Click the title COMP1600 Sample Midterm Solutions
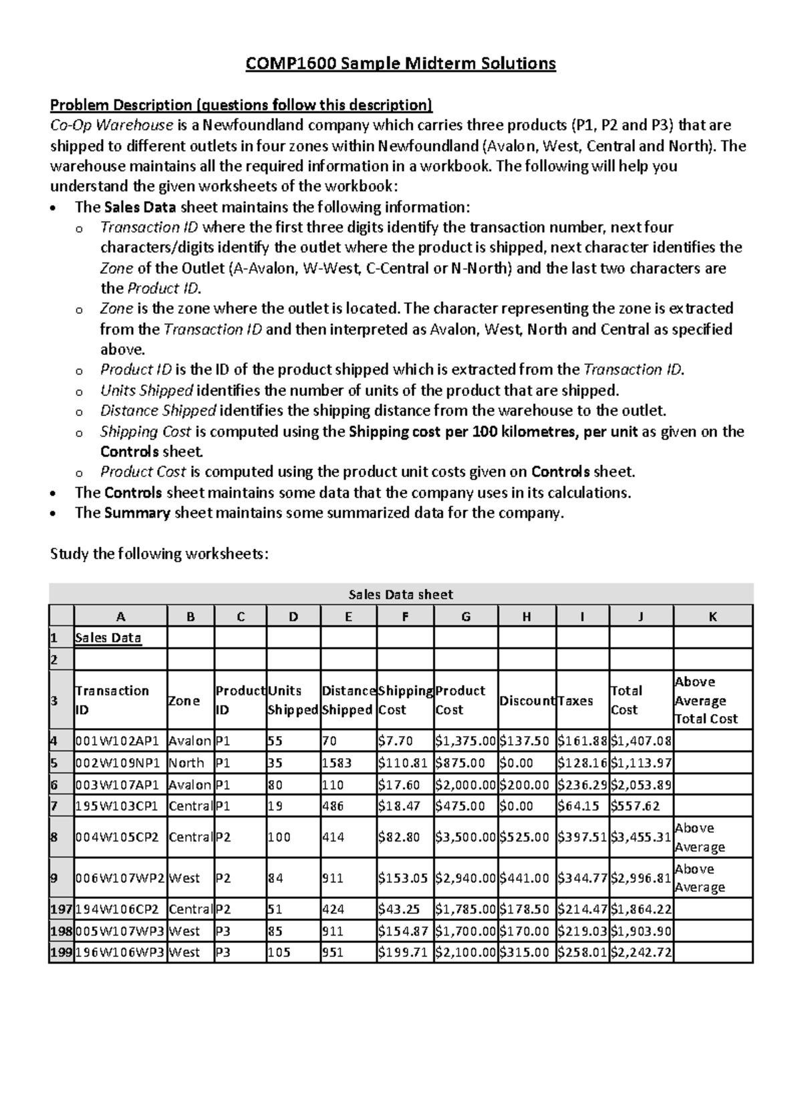tap(400, 63)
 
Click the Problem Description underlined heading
tap(241, 105)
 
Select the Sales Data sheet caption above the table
tap(401, 594)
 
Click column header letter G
tap(466, 616)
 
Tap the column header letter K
tap(712, 616)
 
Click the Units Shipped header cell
tap(293, 700)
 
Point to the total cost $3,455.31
tap(640, 837)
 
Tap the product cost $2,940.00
tap(465, 878)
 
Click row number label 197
tap(61, 910)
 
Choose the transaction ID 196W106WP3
tap(120, 952)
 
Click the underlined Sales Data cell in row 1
tap(108, 638)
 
